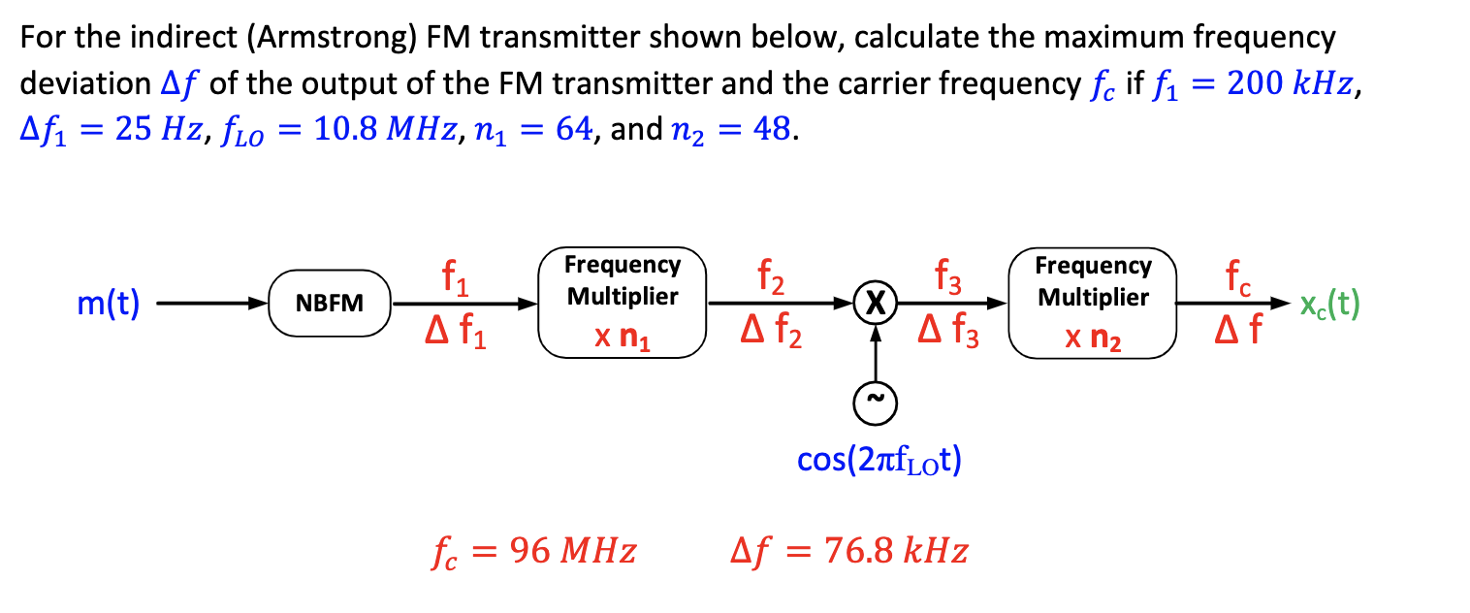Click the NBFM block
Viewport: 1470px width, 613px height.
pyautogui.click(x=330, y=304)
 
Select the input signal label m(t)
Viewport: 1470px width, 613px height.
pyautogui.click(x=109, y=304)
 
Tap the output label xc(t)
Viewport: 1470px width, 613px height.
pyautogui.click(x=1329, y=304)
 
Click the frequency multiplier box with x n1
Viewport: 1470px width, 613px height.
pyautogui.click(x=622, y=302)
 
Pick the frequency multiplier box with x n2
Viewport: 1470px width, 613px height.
pyautogui.click(x=1093, y=302)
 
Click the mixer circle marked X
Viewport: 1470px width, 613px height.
pyautogui.click(x=876, y=303)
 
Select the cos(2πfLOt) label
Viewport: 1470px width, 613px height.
pyautogui.click(x=879, y=460)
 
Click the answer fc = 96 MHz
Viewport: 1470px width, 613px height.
pyautogui.click(x=532, y=552)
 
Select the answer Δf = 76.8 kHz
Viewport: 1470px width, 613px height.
pyautogui.click(x=848, y=552)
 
